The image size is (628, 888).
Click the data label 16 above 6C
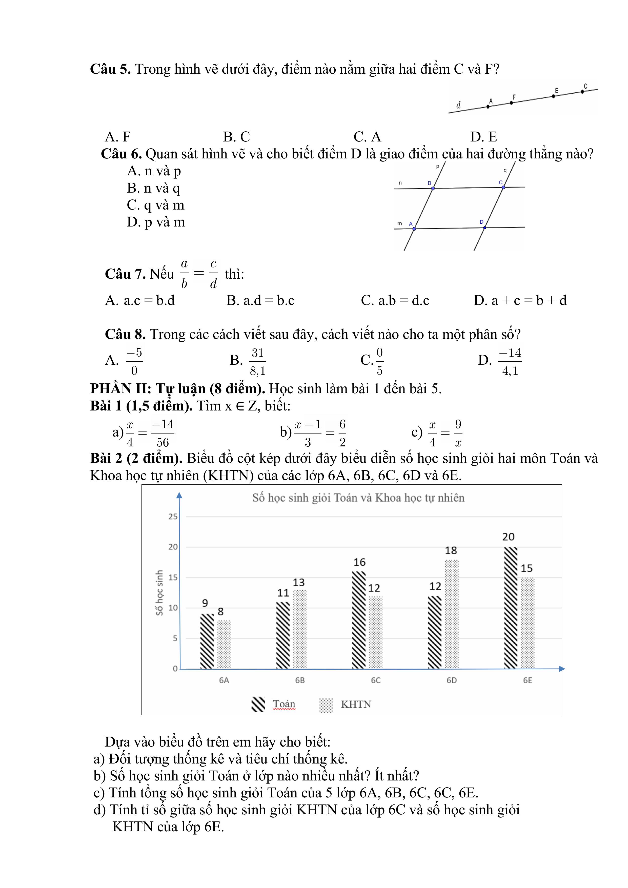[x=359, y=562]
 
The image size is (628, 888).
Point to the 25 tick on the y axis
[x=173, y=517]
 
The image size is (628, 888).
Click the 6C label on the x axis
[x=376, y=680]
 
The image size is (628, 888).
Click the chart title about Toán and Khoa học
[x=358, y=498]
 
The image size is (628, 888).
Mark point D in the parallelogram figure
[x=484, y=228]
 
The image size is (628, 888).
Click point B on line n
[x=433, y=188]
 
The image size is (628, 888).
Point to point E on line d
[x=553, y=96]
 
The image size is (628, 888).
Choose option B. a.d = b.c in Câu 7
[x=260, y=300]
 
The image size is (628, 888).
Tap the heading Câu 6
[x=121, y=154]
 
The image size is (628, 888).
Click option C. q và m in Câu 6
[x=156, y=205]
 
